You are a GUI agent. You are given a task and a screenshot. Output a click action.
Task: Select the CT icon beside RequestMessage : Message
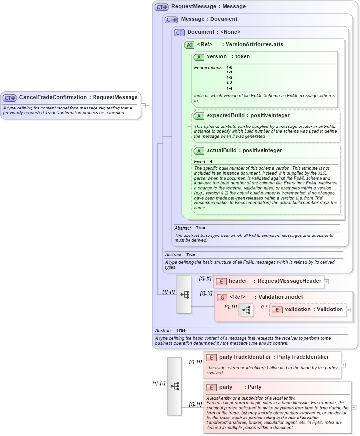pyautogui.click(x=162, y=7)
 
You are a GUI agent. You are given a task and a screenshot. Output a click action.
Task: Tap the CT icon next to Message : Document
pyautogui.click(x=171, y=20)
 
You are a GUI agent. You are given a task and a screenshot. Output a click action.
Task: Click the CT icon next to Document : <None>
pyautogui.click(x=179, y=33)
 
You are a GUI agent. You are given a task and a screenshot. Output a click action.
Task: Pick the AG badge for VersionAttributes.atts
pyautogui.click(x=189, y=45)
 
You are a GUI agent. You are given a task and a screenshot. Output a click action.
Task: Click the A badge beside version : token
pyautogui.click(x=199, y=57)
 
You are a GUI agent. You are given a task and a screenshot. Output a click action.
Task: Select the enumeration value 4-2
pyautogui.click(x=229, y=77)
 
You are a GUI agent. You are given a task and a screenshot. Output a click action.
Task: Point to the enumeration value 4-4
pyautogui.click(x=229, y=88)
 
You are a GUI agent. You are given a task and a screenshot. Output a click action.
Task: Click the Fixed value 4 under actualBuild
pyautogui.click(x=211, y=161)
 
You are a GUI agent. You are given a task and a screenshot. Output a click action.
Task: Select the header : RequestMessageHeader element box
pyautogui.click(x=268, y=281)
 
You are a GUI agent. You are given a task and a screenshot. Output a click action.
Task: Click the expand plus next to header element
pyautogui.click(x=326, y=281)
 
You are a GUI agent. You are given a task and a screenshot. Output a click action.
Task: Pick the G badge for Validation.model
pyautogui.click(x=222, y=297)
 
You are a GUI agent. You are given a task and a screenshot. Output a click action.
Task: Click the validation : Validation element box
pyautogui.click(x=308, y=309)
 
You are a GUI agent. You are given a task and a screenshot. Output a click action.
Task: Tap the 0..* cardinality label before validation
pyautogui.click(x=264, y=307)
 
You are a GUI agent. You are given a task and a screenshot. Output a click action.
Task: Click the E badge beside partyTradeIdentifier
pyautogui.click(x=211, y=357)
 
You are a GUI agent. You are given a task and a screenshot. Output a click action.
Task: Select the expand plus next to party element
pyautogui.click(x=354, y=407)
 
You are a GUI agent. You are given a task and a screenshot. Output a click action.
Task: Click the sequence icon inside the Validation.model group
pyautogui.click(x=246, y=310)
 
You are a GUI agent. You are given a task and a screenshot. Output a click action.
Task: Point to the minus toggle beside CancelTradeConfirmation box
pyautogui.click(x=144, y=105)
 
